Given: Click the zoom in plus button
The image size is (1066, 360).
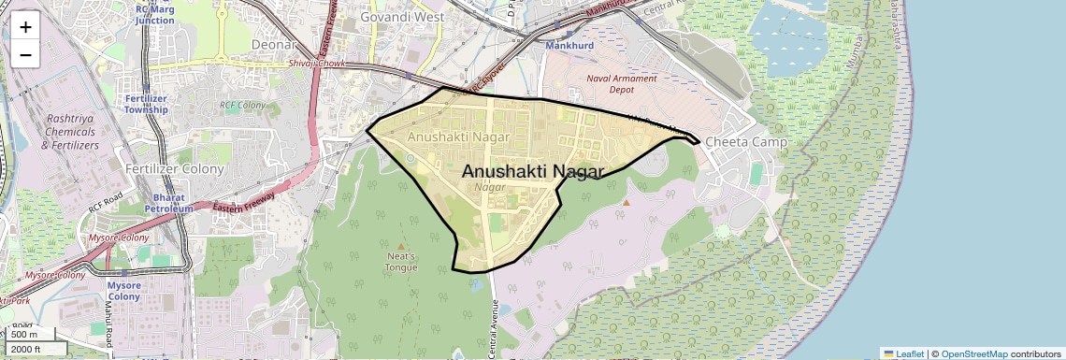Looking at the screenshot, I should pyautogui.click(x=25, y=27).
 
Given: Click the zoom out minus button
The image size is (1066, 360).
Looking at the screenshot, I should pyautogui.click(x=25, y=55).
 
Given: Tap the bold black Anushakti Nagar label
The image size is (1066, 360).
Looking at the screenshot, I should pyautogui.click(x=533, y=171).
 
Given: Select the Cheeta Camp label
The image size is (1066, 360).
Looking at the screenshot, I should pyautogui.click(x=745, y=141).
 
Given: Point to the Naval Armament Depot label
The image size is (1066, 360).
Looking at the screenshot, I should pyautogui.click(x=621, y=84).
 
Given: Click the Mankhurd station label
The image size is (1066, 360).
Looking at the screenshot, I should pyautogui.click(x=569, y=45).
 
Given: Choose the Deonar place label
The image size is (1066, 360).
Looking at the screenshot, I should pyautogui.click(x=274, y=44).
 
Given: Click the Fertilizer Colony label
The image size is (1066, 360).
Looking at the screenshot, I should pyautogui.click(x=175, y=169).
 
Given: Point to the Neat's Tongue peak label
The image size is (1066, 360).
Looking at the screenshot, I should pyautogui.click(x=401, y=261).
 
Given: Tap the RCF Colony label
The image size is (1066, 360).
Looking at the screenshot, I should pyautogui.click(x=243, y=106).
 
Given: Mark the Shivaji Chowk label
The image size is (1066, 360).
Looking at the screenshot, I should pyautogui.click(x=316, y=63).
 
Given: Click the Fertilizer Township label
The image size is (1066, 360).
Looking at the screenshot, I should pyautogui.click(x=146, y=104).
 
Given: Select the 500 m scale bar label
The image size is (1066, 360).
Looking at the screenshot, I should pyautogui.click(x=25, y=334).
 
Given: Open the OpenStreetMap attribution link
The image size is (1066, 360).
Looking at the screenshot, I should pyautogui.click(x=973, y=353).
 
